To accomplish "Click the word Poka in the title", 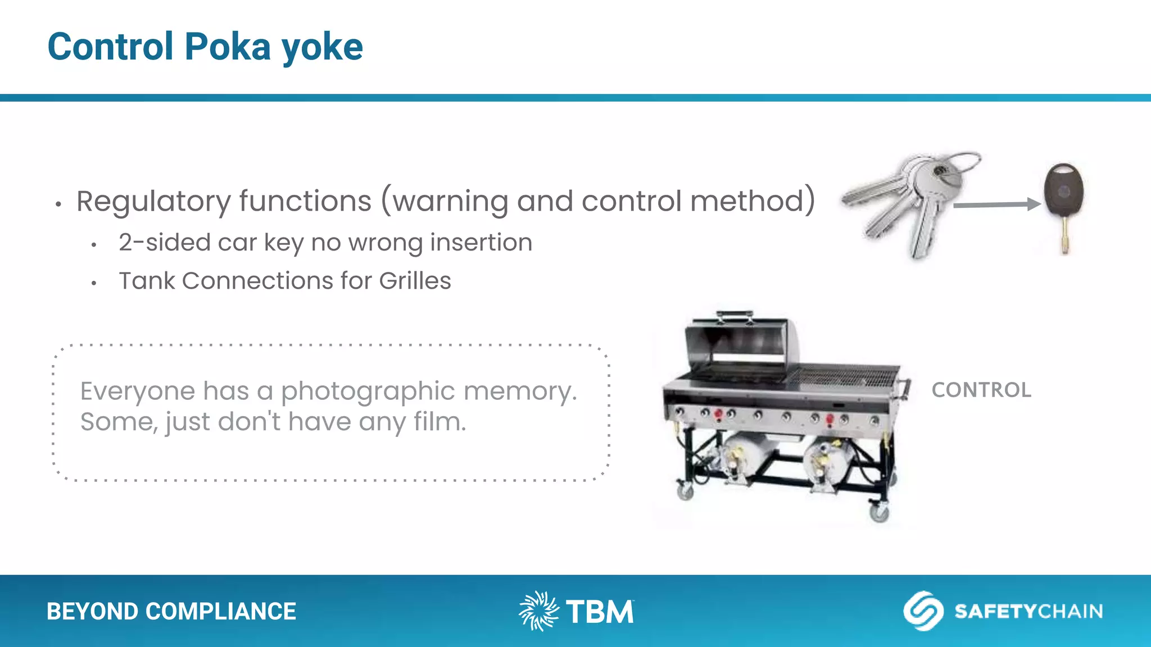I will pos(227,47).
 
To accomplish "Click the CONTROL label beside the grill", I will pos(981,390).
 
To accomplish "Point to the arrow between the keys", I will pos(995,205).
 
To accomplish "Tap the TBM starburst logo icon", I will pos(538,610).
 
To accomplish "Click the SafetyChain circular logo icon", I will pos(923,610).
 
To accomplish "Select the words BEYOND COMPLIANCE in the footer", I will pos(171,611).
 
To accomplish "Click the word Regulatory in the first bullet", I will pos(153,201).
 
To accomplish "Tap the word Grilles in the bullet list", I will pos(415,281).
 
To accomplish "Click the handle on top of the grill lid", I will pos(735,316).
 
